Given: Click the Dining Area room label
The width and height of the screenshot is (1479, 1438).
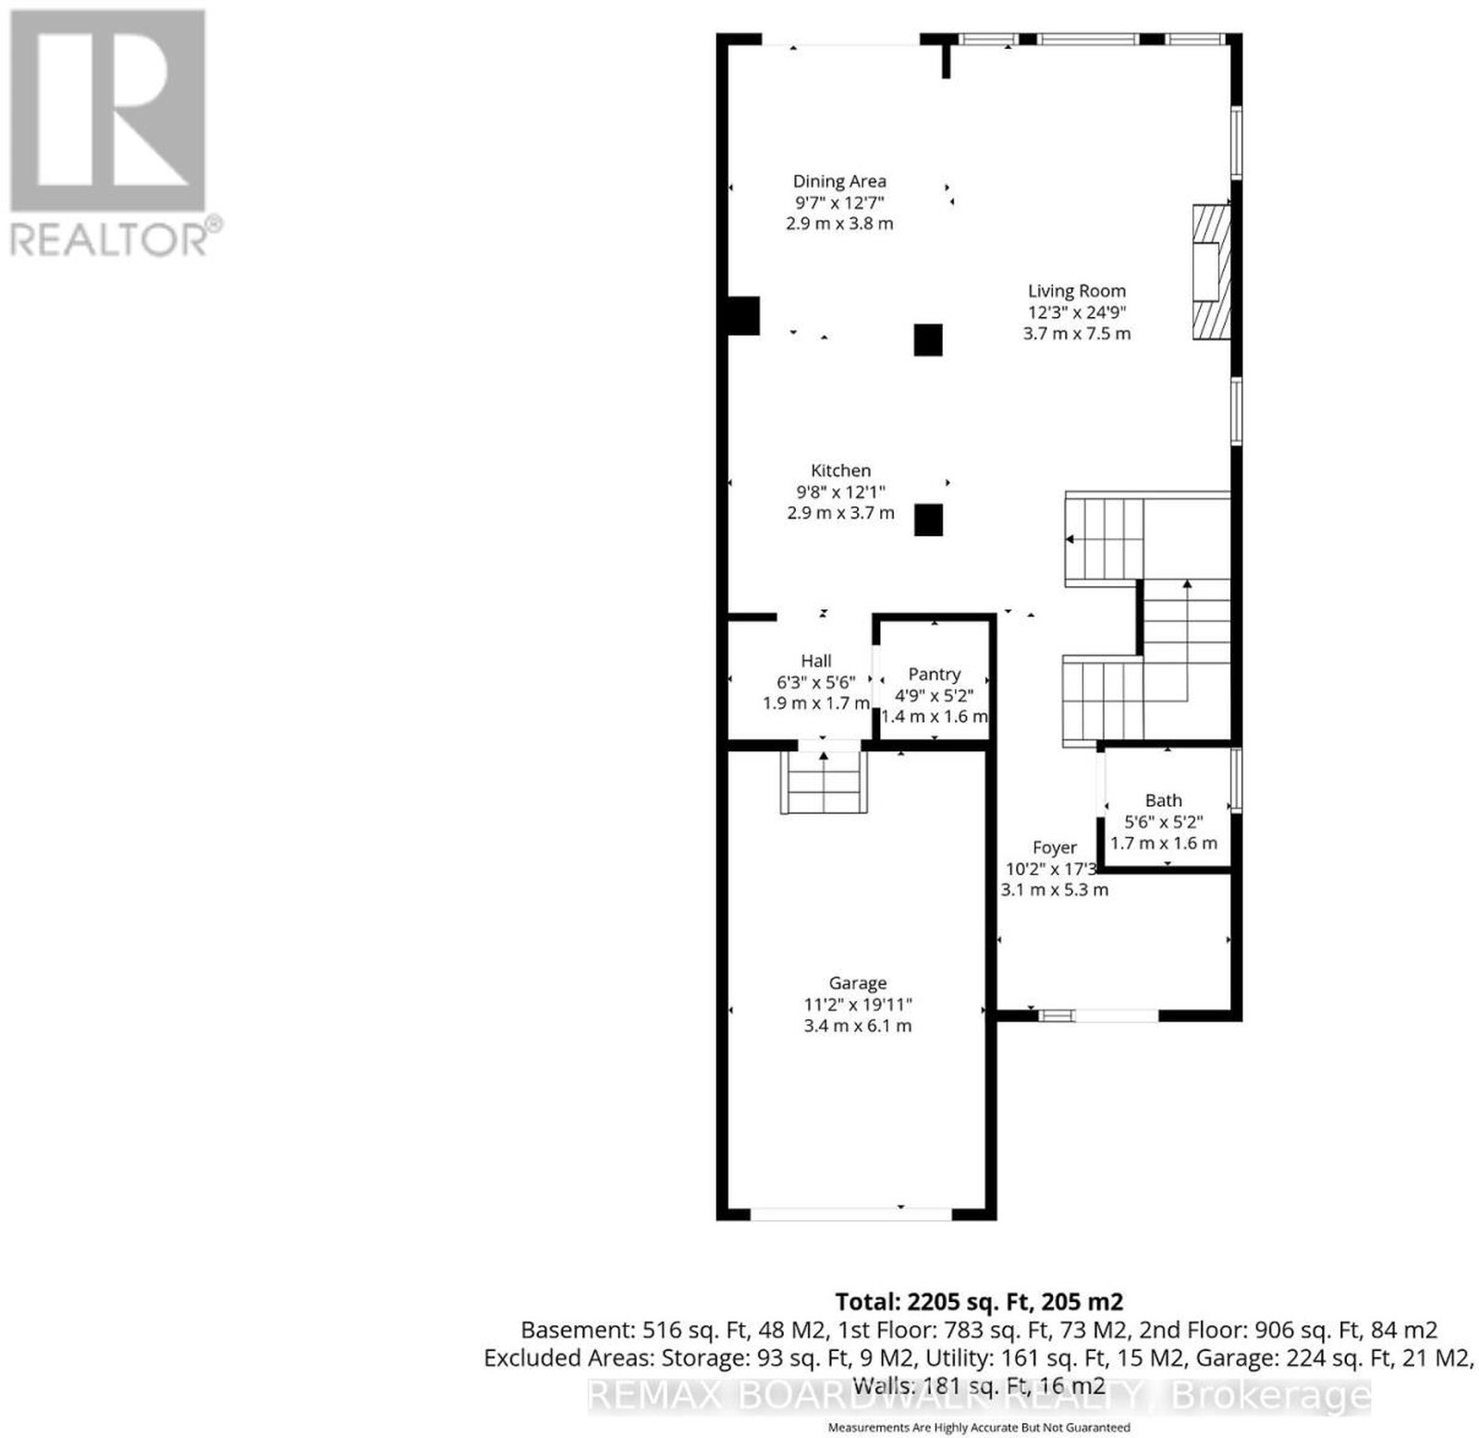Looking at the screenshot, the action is (839, 181).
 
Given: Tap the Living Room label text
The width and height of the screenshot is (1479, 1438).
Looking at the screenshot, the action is (1077, 291).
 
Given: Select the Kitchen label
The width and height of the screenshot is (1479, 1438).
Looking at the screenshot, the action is (841, 470).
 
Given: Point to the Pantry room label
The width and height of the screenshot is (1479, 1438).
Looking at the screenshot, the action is (935, 675).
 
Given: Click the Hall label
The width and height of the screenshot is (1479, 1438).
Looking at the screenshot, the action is (816, 661).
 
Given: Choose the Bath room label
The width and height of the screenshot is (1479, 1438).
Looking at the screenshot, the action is (1164, 800).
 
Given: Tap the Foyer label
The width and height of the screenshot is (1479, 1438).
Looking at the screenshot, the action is (1055, 847).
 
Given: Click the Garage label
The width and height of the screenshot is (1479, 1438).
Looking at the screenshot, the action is (858, 983).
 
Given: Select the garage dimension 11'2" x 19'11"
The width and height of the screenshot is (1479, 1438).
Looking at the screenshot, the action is (858, 1005).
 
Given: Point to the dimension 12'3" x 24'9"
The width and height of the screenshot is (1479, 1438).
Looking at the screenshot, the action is (1077, 312).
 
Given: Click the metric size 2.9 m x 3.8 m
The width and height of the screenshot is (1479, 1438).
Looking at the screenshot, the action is (839, 224).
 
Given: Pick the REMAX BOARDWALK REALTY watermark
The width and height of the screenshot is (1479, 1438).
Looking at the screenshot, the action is (979, 1395).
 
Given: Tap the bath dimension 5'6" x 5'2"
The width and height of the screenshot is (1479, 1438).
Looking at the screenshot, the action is (1164, 822).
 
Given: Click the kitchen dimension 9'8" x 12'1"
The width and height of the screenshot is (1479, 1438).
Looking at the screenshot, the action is (841, 492).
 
